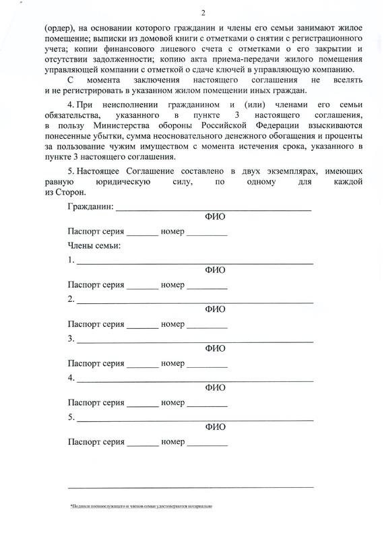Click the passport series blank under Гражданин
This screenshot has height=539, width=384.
pos(142,234)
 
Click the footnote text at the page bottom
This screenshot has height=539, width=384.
pos(141,505)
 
